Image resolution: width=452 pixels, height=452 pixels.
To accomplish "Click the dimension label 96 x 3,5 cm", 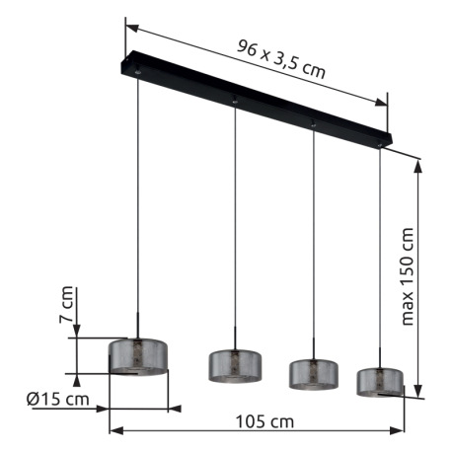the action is (281, 59).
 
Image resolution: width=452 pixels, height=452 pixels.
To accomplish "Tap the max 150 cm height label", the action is (408, 276).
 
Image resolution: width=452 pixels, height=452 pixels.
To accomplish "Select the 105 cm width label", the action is (264, 421).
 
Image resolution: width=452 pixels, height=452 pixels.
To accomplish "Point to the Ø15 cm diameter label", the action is (58, 399).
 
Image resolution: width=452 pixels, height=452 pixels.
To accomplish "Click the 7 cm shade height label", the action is (66, 305).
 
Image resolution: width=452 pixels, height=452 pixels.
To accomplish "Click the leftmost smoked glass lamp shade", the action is (138, 357).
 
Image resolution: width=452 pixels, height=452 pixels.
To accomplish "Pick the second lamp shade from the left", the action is (235, 366).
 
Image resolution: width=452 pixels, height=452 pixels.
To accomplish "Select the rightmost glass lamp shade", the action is (380, 382).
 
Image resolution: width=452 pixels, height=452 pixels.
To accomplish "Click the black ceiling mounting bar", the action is (257, 99).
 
